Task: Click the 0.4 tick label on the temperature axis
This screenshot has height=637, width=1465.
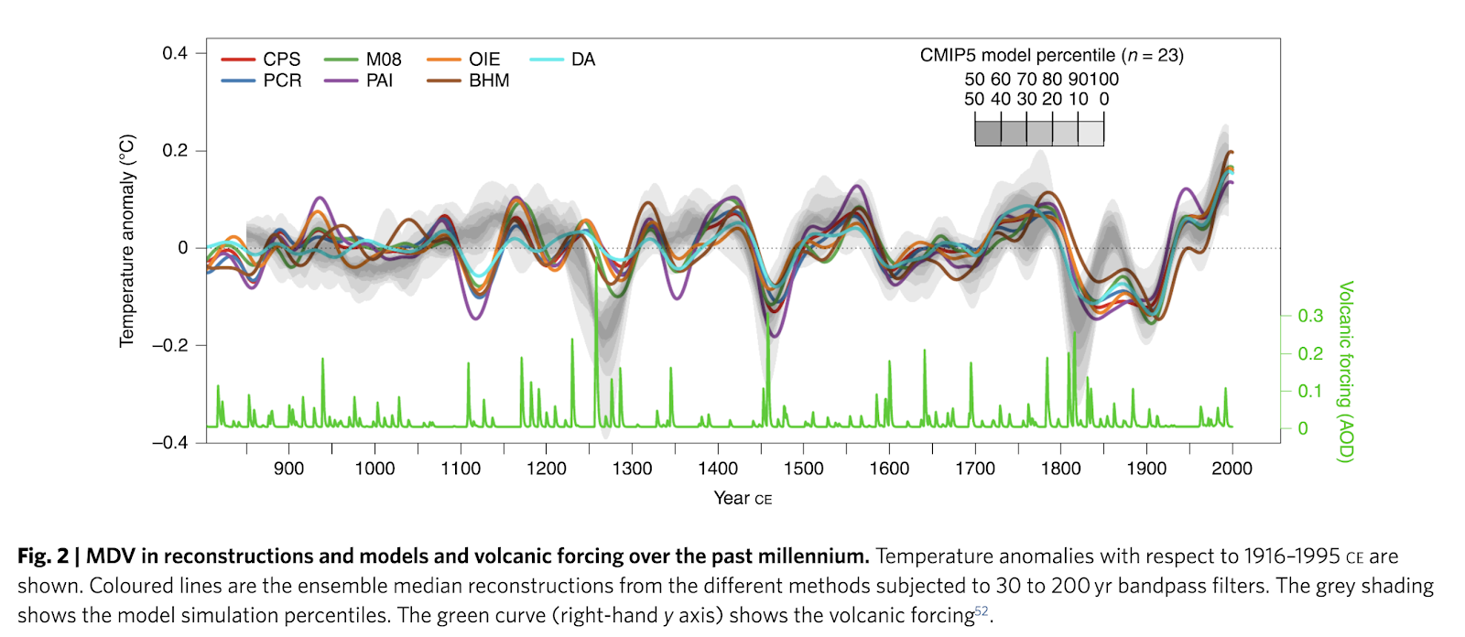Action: click(x=175, y=53)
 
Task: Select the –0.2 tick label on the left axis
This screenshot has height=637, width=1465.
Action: click(x=170, y=345)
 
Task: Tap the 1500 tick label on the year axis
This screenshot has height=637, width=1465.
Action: click(x=803, y=469)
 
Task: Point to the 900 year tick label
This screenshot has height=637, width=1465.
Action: click(x=289, y=469)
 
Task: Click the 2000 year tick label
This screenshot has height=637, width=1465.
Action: click(x=1232, y=469)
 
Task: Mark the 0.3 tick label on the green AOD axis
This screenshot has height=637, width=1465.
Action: click(x=1310, y=316)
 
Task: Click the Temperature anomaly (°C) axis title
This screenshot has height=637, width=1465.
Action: click(x=127, y=241)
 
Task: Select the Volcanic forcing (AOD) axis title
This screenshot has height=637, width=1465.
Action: click(x=1345, y=372)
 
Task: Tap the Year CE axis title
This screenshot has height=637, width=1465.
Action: click(x=743, y=498)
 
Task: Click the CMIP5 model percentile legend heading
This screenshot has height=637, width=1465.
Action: click(x=1051, y=56)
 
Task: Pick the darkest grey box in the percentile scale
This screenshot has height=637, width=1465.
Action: click(x=988, y=133)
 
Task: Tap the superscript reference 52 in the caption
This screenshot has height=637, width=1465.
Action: click(x=982, y=610)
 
